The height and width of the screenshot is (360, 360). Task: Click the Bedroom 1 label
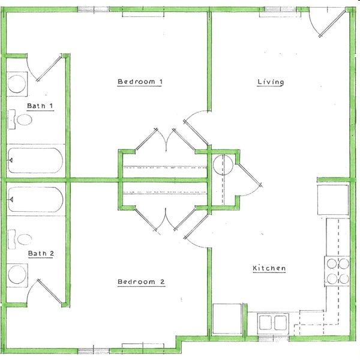pyautogui.click(x=140, y=82)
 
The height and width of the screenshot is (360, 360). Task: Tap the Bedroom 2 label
pyautogui.click(x=141, y=282)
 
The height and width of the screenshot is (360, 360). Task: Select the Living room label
pyautogui.click(x=271, y=82)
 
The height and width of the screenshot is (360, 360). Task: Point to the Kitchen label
pyautogui.click(x=269, y=268)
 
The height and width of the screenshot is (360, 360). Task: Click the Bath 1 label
pyautogui.click(x=40, y=106)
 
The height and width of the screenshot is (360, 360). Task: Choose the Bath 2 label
pyautogui.click(x=41, y=254)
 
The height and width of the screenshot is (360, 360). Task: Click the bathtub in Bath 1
pyautogui.click(x=35, y=160)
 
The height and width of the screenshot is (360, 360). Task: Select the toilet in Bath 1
pyautogui.click(x=22, y=119)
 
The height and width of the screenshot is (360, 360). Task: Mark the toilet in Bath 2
pyautogui.click(x=22, y=240)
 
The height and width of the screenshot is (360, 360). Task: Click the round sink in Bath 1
pyautogui.click(x=17, y=83)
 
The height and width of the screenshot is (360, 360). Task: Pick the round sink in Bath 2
pyautogui.click(x=17, y=275)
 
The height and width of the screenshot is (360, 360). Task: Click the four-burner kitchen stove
pyautogui.click(x=337, y=271)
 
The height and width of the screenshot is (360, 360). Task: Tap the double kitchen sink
pyautogui.click(x=272, y=323)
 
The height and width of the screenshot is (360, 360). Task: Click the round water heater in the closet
pyautogui.click(x=223, y=164)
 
